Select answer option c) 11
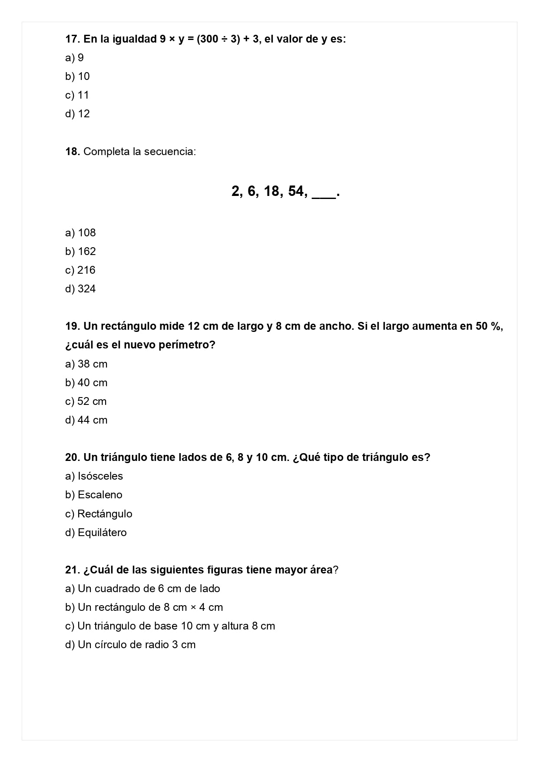click(77, 95)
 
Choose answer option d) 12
click(78, 114)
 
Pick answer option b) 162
click(80, 252)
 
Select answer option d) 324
click(80, 289)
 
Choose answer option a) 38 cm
click(86, 364)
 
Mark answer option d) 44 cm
click(86, 420)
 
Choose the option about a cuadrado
click(142, 589)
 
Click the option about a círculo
click(130, 645)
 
